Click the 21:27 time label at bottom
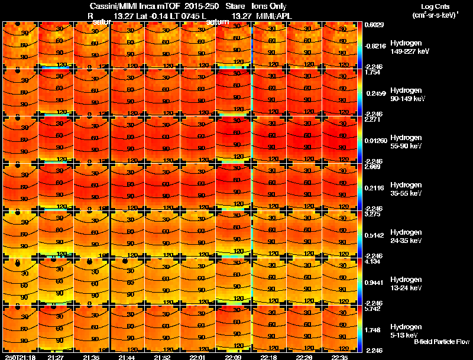click(x=56, y=357)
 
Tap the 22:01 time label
click(x=198, y=357)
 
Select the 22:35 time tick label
click(x=341, y=357)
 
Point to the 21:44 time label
click(x=127, y=357)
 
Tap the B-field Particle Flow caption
click(x=441, y=342)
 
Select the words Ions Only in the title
click(x=270, y=6)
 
